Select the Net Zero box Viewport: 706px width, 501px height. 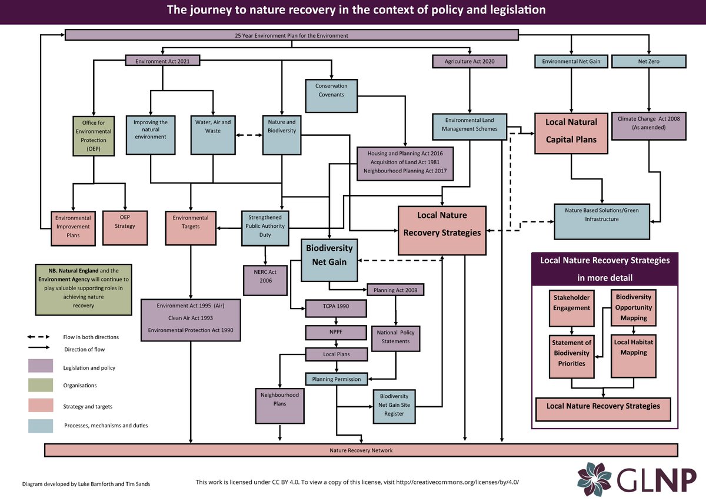pos(649,61)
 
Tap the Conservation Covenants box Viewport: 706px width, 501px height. pos(331,95)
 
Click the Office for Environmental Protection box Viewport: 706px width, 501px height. pos(93,135)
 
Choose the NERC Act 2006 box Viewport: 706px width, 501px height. pos(265,279)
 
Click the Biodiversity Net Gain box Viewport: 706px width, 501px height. pos(329,259)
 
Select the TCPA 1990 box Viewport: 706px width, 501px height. pos(335,308)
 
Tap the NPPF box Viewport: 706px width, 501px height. pos(336,333)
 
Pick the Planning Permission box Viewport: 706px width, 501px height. pos(337,379)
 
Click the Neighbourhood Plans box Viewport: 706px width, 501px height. pos(279,404)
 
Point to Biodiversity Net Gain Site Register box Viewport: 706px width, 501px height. pos(395,406)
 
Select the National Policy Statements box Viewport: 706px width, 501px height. pos(395,337)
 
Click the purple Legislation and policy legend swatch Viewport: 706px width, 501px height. pos(44,366)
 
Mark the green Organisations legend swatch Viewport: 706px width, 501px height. pos(44,386)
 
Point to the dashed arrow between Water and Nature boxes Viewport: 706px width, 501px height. pos(248,135)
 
